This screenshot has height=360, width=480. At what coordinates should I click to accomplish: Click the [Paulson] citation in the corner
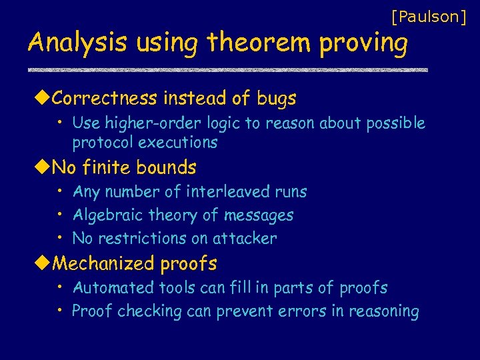click(x=429, y=16)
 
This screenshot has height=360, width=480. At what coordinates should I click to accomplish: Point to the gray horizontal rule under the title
click(x=227, y=70)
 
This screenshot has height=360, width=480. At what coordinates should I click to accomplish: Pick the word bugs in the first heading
click(x=275, y=99)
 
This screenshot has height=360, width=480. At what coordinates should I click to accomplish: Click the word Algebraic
click(x=104, y=215)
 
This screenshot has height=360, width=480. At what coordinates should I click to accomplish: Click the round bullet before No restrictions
click(x=60, y=238)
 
